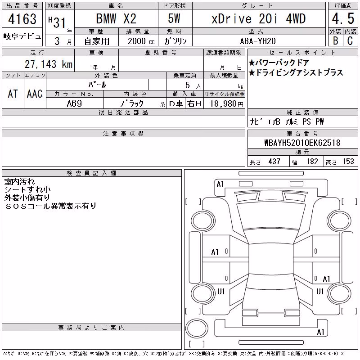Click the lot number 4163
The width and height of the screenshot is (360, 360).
pyautogui.click(x=22, y=19)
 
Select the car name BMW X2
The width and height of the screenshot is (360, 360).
pyautogui.click(x=116, y=18)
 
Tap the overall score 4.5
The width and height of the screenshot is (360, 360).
pyautogui.click(x=343, y=18)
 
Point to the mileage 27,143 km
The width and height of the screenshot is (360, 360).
pyautogui.click(x=49, y=64)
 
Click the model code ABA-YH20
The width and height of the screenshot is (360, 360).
pyautogui.click(x=258, y=41)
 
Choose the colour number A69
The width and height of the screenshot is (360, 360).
pyautogui.click(x=74, y=103)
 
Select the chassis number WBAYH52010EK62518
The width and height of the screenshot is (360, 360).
pyautogui.click(x=302, y=143)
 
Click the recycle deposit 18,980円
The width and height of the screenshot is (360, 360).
pyautogui.click(x=226, y=104)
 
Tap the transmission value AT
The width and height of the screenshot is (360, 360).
pyautogui.click(x=13, y=94)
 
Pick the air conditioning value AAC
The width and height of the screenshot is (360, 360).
pyautogui.click(x=35, y=94)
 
